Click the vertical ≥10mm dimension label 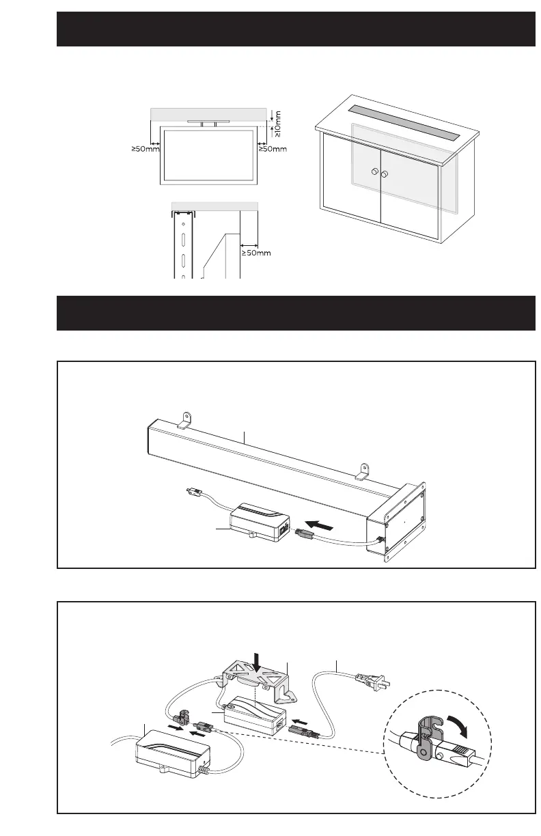(x=278, y=124)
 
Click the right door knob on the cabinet (x=385, y=175)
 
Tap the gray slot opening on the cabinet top (x=403, y=120)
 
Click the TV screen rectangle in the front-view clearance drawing (x=208, y=154)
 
